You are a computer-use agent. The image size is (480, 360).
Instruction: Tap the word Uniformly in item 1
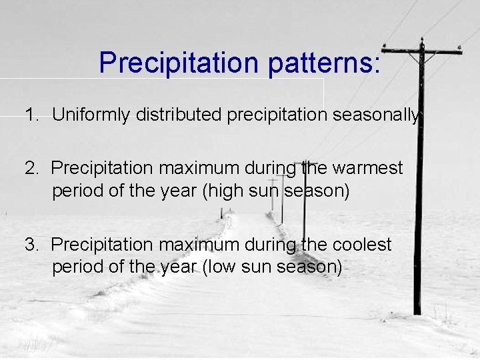[91, 115]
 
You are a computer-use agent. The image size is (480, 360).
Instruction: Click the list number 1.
[31, 115]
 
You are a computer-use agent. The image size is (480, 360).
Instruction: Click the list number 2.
[31, 168]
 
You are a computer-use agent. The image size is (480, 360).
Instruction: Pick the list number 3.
[31, 245]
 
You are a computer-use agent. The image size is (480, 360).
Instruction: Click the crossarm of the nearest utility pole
[421, 51]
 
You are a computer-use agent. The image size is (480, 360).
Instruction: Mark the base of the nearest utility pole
[417, 311]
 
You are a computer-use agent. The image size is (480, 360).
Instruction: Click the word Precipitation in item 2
[99, 168]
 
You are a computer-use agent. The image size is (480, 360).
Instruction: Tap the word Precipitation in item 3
[99, 245]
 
